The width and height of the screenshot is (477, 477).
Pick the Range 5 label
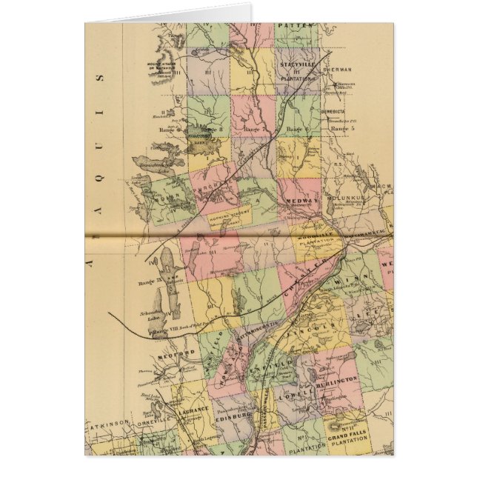[x=341, y=129]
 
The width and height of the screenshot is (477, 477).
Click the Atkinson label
[x=108, y=427]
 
